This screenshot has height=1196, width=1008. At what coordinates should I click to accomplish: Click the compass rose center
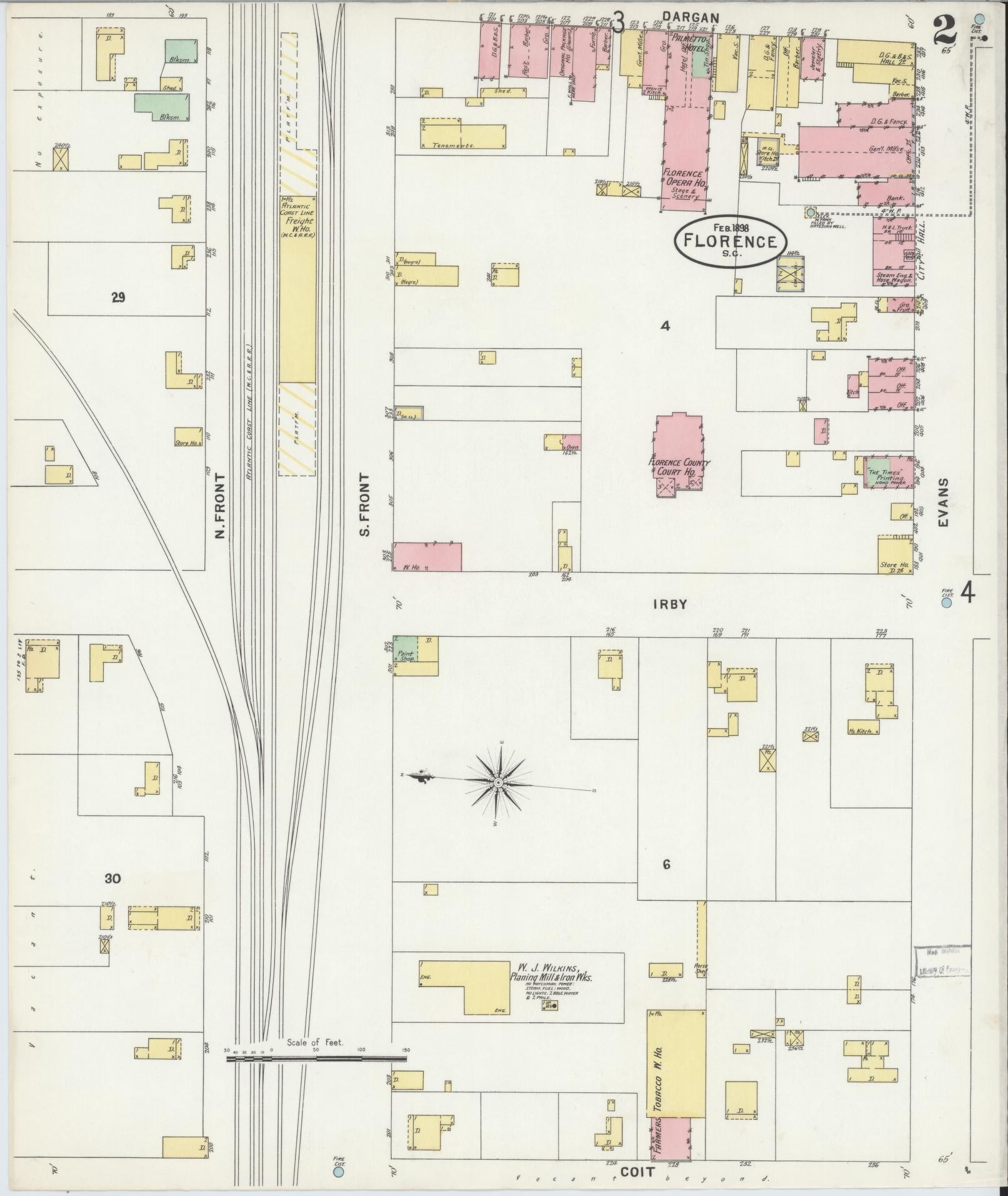click(x=498, y=782)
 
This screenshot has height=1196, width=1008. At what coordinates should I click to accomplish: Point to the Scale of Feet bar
click(x=316, y=1058)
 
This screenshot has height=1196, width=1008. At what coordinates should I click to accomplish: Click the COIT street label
click(x=637, y=1172)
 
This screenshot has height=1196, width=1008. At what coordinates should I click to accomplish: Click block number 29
click(x=118, y=298)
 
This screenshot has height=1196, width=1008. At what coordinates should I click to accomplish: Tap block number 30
click(x=113, y=879)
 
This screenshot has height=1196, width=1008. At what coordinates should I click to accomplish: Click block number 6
click(x=666, y=865)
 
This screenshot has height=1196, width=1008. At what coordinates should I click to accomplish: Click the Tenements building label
click(x=456, y=144)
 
